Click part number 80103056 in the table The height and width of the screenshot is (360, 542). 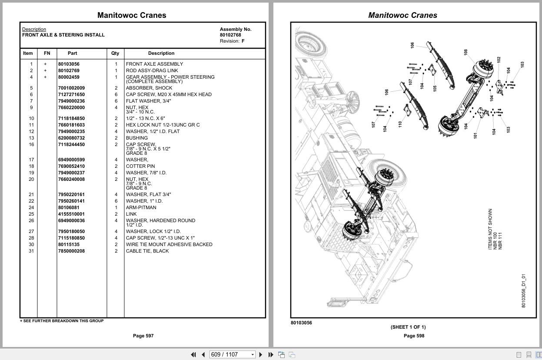(x=69, y=64)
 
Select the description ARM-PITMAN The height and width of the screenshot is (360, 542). (x=141, y=207)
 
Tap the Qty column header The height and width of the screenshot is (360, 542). (x=115, y=53)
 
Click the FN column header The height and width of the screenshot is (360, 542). (x=47, y=53)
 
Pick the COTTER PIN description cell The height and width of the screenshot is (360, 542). (x=140, y=166)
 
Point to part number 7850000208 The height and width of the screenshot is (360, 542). (x=71, y=251)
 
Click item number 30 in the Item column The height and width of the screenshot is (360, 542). (x=31, y=244)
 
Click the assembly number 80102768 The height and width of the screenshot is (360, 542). (x=230, y=35)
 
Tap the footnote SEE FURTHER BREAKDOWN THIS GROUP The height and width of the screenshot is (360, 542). (x=62, y=321)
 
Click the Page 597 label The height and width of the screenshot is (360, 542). (x=143, y=336)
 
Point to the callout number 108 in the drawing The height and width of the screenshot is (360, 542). (x=466, y=52)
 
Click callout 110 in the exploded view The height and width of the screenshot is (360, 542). (x=399, y=123)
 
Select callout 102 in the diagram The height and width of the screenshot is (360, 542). (x=499, y=60)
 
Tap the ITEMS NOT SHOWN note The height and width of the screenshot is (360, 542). (x=490, y=229)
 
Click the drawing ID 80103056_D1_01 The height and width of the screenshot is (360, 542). (x=523, y=290)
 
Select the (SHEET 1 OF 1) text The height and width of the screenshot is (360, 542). (x=408, y=327)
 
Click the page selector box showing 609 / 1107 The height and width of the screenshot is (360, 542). (x=232, y=354)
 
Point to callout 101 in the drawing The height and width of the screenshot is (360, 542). (x=475, y=135)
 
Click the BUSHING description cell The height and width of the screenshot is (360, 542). (x=137, y=138)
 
